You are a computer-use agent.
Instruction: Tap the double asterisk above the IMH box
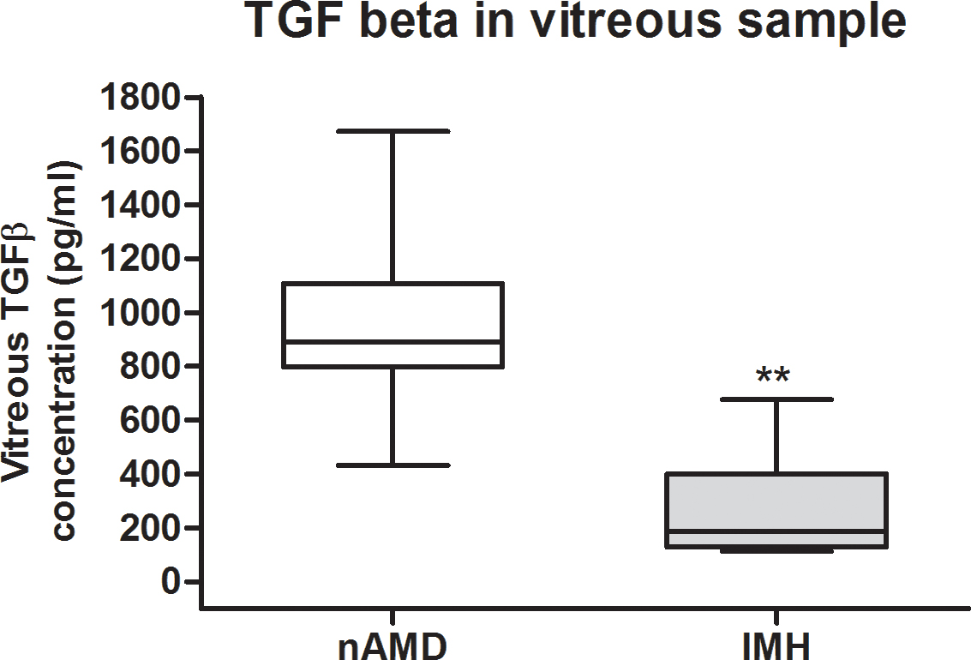773,376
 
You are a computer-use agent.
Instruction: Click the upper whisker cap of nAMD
393,131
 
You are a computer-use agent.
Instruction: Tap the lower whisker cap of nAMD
393,465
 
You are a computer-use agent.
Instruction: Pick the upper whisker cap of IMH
776,399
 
